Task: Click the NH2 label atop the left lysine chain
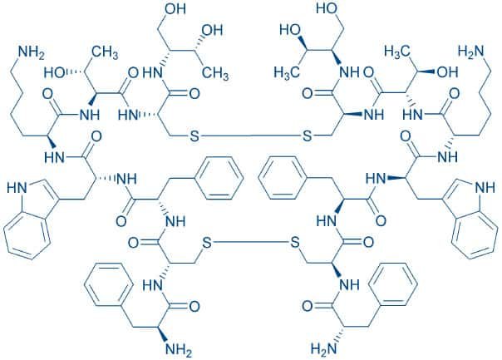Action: coord(32,52)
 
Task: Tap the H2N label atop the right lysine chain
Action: coord(470,52)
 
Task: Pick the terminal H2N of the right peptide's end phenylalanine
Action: coord(324,348)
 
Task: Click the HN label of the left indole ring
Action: coord(17,189)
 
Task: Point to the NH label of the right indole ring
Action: coord(485,189)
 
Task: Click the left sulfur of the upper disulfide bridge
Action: coord(194,136)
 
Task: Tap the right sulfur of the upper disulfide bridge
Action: coord(307,136)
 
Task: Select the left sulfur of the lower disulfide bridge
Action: coord(207,243)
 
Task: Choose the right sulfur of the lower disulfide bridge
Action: coord(294,243)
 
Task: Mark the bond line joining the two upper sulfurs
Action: coord(251,136)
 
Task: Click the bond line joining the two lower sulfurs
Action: coord(251,242)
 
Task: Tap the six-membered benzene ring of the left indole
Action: coord(28,236)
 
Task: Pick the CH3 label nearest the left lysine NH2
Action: coord(105,52)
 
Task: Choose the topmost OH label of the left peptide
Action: coord(175,8)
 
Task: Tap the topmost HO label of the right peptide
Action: coord(327,8)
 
